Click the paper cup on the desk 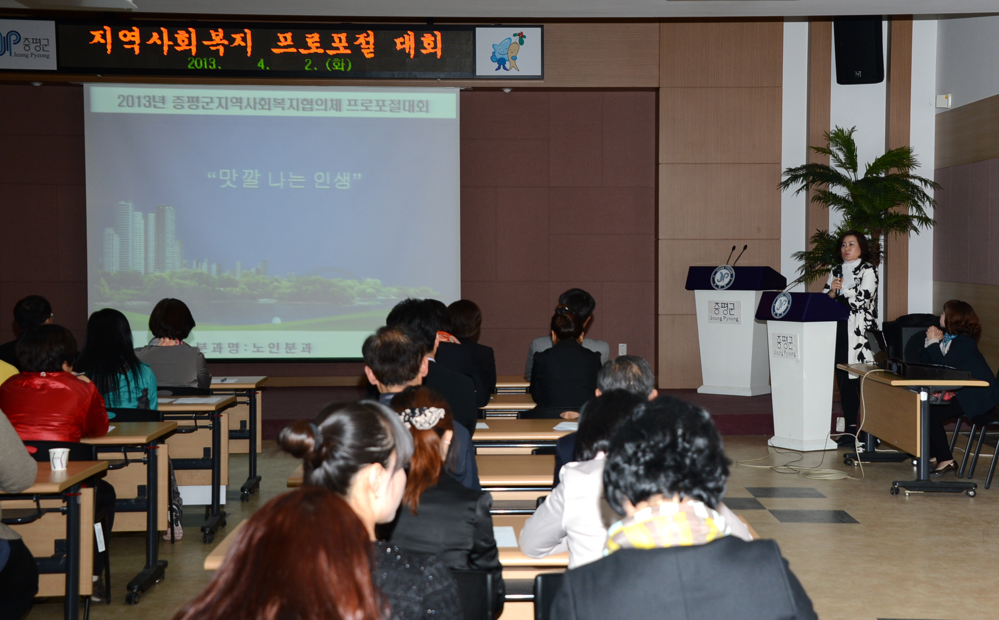pyautogui.click(x=59, y=459)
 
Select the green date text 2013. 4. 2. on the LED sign pyautogui.click(x=269, y=64)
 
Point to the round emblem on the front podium pyautogui.click(x=781, y=305)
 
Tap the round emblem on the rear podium pyautogui.click(x=722, y=277)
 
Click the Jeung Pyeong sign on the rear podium pyautogui.click(x=724, y=312)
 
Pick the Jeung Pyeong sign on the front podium pyautogui.click(x=785, y=346)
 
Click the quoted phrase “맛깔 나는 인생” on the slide pyautogui.click(x=284, y=179)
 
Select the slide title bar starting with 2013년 pyautogui.click(x=273, y=104)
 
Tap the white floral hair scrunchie pyautogui.click(x=422, y=417)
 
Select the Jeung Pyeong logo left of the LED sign pyautogui.click(x=27, y=45)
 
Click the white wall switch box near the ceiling pyautogui.click(x=943, y=101)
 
